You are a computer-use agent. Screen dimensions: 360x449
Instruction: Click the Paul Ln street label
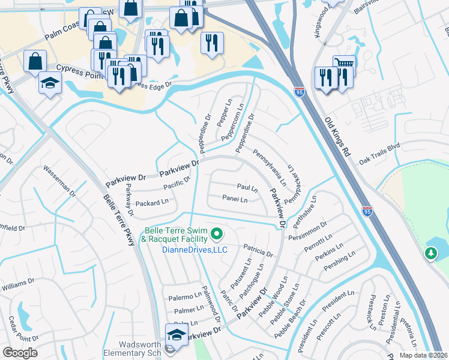[x=247, y=188]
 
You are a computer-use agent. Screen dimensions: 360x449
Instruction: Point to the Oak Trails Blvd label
[x=379, y=153]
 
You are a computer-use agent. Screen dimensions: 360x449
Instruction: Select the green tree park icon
[x=430, y=254]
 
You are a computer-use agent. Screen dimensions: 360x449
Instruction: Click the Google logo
[x=20, y=352]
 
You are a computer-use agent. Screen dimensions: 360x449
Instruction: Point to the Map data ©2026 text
[x=423, y=355]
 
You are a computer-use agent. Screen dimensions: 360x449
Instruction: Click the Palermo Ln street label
[x=184, y=297]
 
